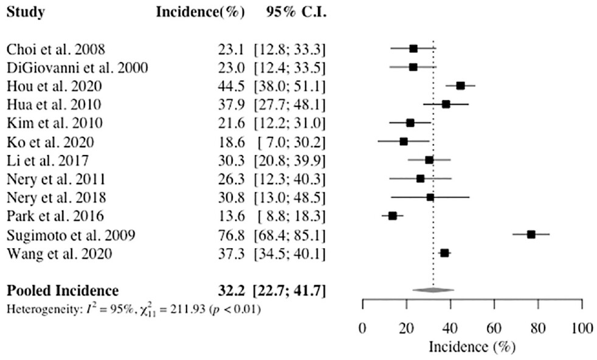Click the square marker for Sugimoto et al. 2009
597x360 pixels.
(531, 234)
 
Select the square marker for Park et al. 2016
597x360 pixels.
(393, 216)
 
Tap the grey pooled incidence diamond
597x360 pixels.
(433, 290)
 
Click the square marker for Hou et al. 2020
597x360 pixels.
(460, 86)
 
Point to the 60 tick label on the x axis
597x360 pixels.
(494, 329)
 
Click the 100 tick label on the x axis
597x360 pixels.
(582, 329)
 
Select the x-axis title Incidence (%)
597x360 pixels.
(472, 347)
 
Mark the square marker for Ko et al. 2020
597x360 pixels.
(403, 141)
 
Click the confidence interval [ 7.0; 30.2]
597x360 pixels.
(289, 142)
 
